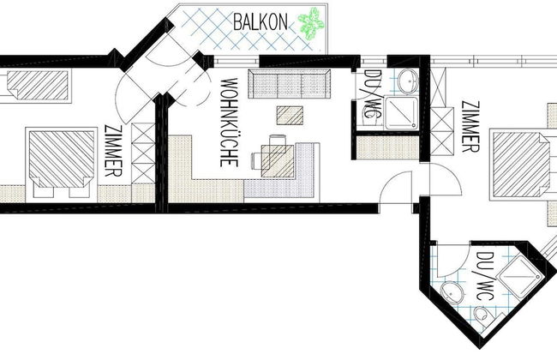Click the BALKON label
click(x=261, y=22)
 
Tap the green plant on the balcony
click(x=311, y=24)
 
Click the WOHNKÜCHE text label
click(x=229, y=123)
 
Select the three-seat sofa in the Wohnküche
click(x=290, y=84)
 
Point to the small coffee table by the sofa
click(x=290, y=116)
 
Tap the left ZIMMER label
click(x=114, y=151)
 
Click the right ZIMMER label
click(x=470, y=127)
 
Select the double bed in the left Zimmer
click(x=61, y=162)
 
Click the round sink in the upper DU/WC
click(x=408, y=81)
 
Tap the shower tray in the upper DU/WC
click(x=402, y=113)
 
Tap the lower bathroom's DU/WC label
click(x=483, y=276)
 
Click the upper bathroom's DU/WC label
click(x=371, y=94)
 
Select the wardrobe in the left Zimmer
click(x=143, y=153)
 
